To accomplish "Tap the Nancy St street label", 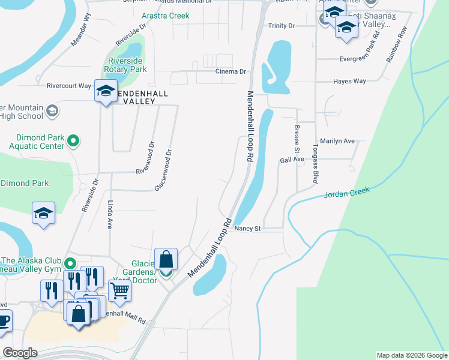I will [x=248, y=229].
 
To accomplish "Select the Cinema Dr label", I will [x=231, y=71].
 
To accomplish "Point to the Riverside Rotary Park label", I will [x=127, y=65].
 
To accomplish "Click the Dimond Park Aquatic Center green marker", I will [x=73, y=141].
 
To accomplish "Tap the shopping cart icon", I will [x=120, y=290].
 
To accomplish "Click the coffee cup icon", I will [x=3, y=319].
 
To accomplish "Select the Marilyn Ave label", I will [x=338, y=141].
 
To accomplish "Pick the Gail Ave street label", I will [x=292, y=160].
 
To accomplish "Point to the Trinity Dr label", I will [x=282, y=26].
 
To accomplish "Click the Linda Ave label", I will [x=110, y=215].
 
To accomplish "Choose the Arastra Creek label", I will [x=165, y=16].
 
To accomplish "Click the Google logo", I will [x=20, y=353].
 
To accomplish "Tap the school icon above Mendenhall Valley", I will [x=106, y=92].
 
